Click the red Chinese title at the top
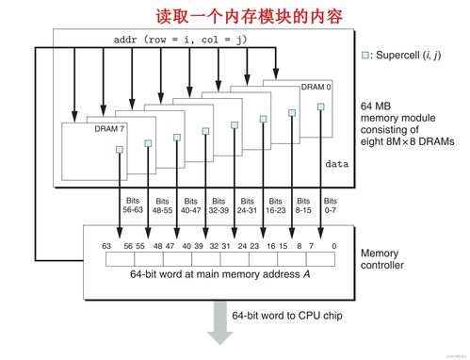pos(235,16)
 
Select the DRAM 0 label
pos(316,87)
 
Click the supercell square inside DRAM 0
pos(320,106)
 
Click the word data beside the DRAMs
pos(336,163)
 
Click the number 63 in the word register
pos(106,245)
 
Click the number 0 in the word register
pos(333,245)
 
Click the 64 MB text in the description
pos(377,106)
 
